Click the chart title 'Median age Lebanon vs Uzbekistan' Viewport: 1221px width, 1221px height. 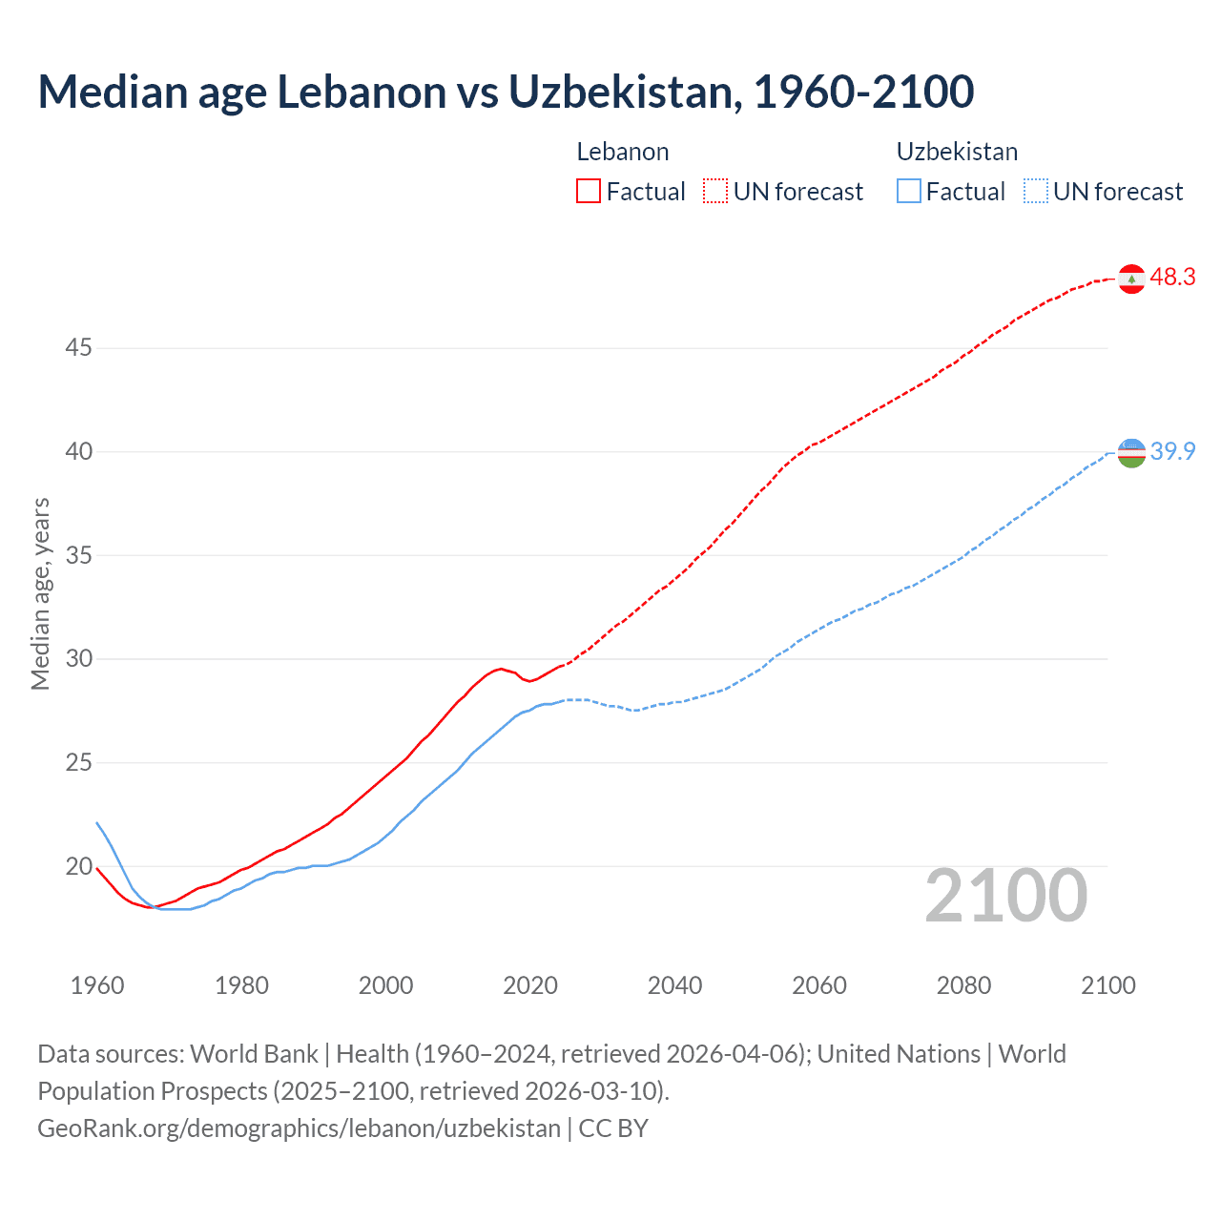tap(506, 92)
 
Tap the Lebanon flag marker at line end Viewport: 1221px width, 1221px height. tap(1131, 279)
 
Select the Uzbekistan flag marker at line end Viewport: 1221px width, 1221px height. tap(1131, 453)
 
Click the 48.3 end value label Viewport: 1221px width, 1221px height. tap(1172, 278)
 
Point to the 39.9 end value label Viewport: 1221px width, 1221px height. tap(1172, 451)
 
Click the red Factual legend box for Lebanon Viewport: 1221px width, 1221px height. tap(589, 191)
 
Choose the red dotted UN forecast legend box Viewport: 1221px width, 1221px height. tap(715, 191)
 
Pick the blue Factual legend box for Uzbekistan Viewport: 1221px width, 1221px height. tap(909, 191)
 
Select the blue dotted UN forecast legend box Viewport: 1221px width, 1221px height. tap(1035, 191)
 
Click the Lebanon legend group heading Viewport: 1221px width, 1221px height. tap(622, 152)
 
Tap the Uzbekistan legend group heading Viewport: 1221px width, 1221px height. tap(957, 152)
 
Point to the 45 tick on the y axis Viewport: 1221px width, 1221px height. tap(78, 348)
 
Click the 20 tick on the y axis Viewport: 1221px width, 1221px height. tap(78, 867)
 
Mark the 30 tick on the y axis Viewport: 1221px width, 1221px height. tap(78, 659)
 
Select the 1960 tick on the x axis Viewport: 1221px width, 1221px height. tap(97, 985)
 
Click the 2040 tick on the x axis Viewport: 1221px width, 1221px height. tap(674, 985)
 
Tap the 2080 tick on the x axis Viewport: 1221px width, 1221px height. tap(963, 985)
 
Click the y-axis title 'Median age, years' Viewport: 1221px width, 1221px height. tap(40, 593)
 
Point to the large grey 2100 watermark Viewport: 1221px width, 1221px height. tap(1006, 896)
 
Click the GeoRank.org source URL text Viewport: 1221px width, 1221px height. tap(299, 1128)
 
